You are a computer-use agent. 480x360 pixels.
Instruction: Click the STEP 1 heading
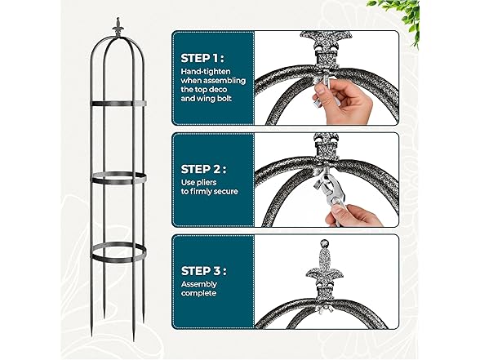[202, 58]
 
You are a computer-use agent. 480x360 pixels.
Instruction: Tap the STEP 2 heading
[203, 169]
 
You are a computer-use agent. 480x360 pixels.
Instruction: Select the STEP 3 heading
[203, 271]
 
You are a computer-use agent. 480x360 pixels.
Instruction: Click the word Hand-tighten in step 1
[206, 72]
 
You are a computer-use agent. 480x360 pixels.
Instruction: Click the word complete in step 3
[198, 293]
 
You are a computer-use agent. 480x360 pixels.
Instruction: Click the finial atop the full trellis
[118, 28]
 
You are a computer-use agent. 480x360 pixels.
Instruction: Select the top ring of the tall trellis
[118, 104]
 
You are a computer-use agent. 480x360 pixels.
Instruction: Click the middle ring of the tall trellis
[118, 178]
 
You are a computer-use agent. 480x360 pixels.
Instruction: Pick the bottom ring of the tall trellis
[118, 252]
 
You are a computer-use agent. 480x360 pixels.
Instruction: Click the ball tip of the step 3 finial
[325, 245]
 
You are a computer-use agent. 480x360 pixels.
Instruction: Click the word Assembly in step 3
[198, 285]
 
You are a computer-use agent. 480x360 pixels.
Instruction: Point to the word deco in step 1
[218, 90]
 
